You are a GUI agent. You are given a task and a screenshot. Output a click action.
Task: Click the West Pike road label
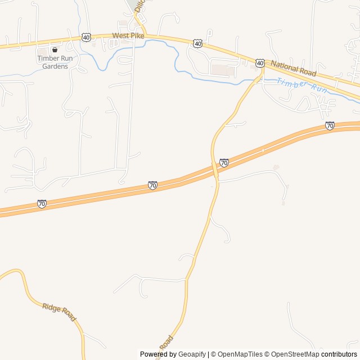tap(128, 35)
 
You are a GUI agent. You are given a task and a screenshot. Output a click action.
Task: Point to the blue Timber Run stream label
tap(301, 85)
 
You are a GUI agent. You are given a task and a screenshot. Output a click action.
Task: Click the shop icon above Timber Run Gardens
tap(55, 49)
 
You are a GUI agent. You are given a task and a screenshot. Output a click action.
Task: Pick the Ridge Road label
tap(58, 312)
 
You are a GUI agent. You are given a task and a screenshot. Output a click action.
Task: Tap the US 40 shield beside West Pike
tap(86, 37)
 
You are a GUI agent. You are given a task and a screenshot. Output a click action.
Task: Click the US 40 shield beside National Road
tap(259, 63)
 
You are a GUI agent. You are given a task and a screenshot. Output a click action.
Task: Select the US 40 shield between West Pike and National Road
tap(197, 43)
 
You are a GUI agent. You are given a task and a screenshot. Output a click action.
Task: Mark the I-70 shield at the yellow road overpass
tap(224, 163)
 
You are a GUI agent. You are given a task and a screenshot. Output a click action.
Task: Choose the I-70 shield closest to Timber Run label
tap(330, 125)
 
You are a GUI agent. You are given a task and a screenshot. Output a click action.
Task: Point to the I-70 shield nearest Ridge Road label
tap(42, 204)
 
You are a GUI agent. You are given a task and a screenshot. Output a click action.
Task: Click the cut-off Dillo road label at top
tap(139, 6)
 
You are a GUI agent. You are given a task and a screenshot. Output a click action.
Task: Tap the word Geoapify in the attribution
tap(192, 354)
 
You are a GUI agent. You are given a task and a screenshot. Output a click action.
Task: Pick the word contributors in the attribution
tap(339, 354)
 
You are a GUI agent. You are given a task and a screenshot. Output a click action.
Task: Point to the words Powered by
tap(158, 354)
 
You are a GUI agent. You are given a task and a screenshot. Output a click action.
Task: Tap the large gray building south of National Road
tap(224, 70)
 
